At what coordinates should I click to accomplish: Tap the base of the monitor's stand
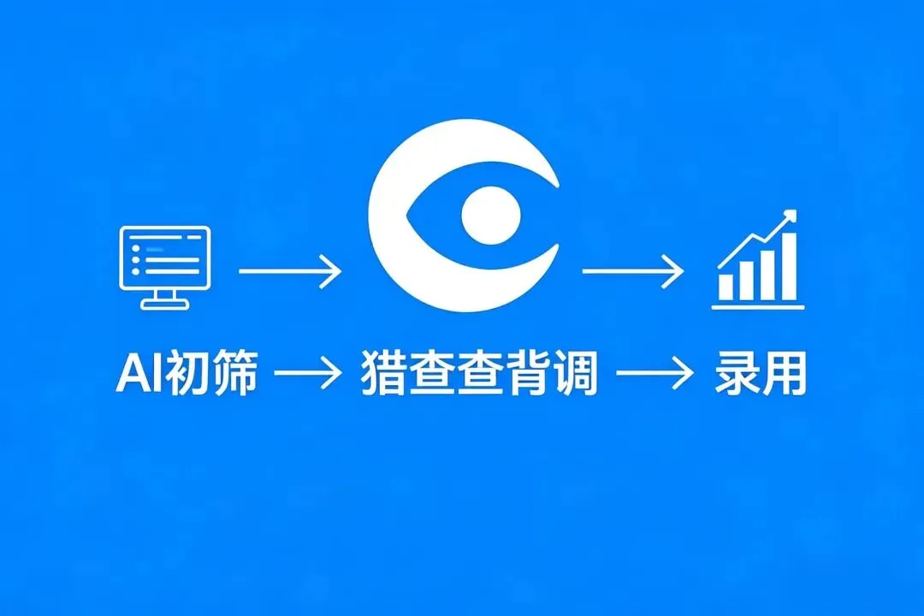pyautogui.click(x=163, y=305)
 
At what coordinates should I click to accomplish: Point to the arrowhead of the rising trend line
pyautogui.click(x=790, y=215)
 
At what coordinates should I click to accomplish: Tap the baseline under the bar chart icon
pyautogui.click(x=758, y=306)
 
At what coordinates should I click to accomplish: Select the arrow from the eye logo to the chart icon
pyautogui.click(x=632, y=272)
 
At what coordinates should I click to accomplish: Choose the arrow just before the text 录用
pyautogui.click(x=654, y=374)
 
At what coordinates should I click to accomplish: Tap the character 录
pyautogui.click(x=736, y=376)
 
